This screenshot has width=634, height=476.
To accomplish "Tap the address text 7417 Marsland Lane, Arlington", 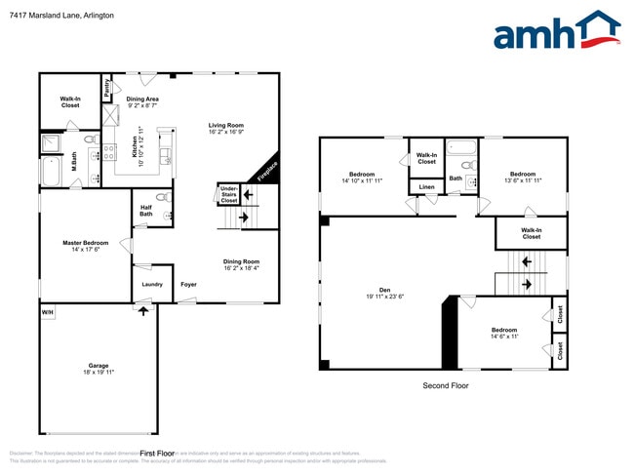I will tap(60, 16).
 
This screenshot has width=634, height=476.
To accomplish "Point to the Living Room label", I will tap(225, 128).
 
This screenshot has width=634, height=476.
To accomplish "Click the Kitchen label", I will tap(136, 147).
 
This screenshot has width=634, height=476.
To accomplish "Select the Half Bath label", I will tap(145, 210).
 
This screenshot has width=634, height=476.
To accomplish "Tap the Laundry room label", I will tap(152, 284).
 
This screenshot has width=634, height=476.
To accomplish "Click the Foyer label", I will tap(188, 284).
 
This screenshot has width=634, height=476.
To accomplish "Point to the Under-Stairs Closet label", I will tap(229, 195).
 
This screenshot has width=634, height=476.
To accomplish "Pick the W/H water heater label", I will tap(47, 312).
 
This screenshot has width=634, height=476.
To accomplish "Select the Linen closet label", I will tap(426, 186).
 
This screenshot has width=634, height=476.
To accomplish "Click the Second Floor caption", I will tap(446, 386).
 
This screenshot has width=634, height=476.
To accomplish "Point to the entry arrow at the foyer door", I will tap(144, 311).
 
